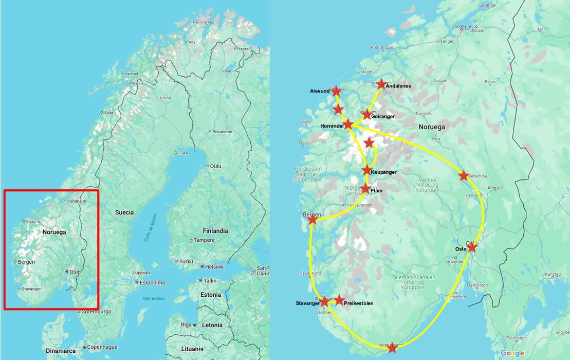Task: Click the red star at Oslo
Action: point(471,247)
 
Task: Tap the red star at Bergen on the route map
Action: point(312,220)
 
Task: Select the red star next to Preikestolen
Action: point(339,299)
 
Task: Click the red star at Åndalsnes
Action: point(381,84)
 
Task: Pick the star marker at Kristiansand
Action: point(392,348)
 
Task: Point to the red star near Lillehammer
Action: point(463,175)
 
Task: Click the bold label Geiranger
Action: point(382,117)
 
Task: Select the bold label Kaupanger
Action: point(383,172)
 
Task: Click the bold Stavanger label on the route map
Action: point(308,303)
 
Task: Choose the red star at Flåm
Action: point(365,189)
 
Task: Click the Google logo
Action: point(512,353)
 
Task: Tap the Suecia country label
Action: point(124,212)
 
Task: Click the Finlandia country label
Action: point(215,231)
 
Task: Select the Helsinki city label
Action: point(215,267)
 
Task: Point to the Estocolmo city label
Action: point(153,282)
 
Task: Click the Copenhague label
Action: point(103,347)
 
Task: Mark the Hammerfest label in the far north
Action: point(204,23)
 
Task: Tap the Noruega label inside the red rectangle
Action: point(54,232)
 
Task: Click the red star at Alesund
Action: point(336,91)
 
